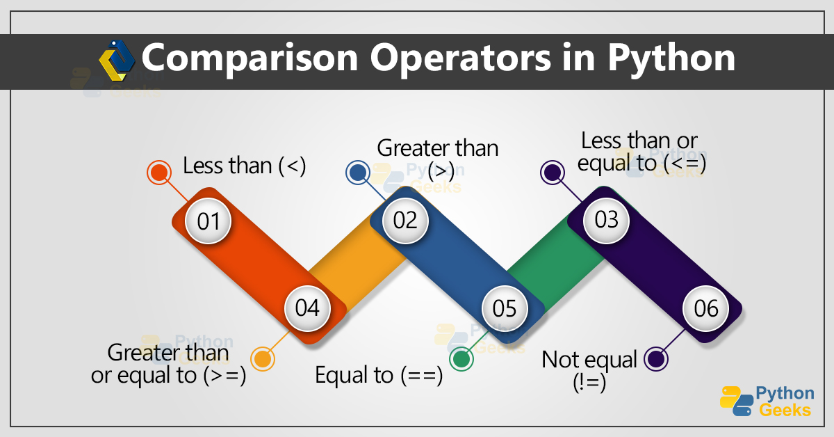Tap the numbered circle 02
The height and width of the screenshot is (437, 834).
(405, 220)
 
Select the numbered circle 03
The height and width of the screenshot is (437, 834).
(606, 220)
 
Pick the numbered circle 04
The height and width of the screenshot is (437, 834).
(307, 308)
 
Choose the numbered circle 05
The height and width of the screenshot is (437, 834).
(505, 308)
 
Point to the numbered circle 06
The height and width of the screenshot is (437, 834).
(706, 308)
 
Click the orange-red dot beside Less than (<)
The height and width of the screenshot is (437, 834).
(159, 173)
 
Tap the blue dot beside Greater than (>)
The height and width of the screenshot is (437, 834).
(358, 173)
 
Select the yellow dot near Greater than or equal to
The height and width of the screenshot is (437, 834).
(262, 359)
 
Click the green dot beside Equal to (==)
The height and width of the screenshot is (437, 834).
(460, 359)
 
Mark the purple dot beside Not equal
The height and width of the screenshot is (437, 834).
(655, 359)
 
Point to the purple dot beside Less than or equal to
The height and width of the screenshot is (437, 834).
(553, 173)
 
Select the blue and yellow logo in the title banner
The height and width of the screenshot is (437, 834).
(117, 60)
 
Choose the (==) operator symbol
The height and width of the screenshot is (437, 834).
(421, 376)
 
